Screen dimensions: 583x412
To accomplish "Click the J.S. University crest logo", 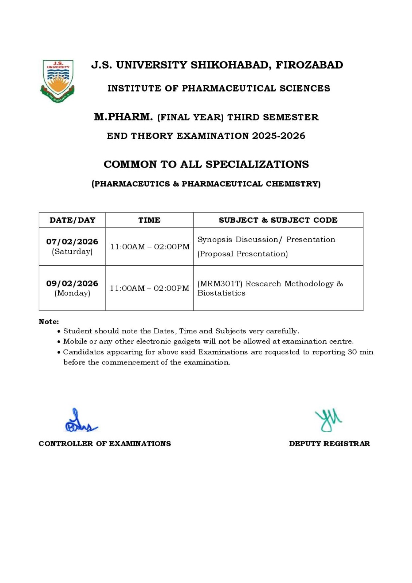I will point(58,81).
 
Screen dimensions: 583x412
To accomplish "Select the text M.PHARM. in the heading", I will point(123,117).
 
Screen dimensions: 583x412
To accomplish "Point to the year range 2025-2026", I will point(279,136).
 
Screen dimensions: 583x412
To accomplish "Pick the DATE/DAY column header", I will point(72,220).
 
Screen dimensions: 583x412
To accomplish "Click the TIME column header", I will point(149,220).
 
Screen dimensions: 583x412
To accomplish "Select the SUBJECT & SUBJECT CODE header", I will point(278,220).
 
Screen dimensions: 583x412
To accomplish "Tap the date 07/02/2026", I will point(72,242).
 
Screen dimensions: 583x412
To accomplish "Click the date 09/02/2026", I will point(72,283).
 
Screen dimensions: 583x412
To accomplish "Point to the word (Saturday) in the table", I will point(72,251).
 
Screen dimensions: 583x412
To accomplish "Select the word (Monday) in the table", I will point(72,293).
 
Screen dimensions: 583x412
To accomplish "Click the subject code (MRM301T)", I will point(220,283).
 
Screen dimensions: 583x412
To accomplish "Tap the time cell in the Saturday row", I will point(149,247).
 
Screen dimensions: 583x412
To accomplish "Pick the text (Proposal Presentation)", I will point(242,254).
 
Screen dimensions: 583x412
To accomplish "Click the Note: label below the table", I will point(49,322).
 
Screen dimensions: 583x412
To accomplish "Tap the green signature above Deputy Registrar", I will point(328,420).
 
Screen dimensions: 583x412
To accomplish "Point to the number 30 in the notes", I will point(352,352).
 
